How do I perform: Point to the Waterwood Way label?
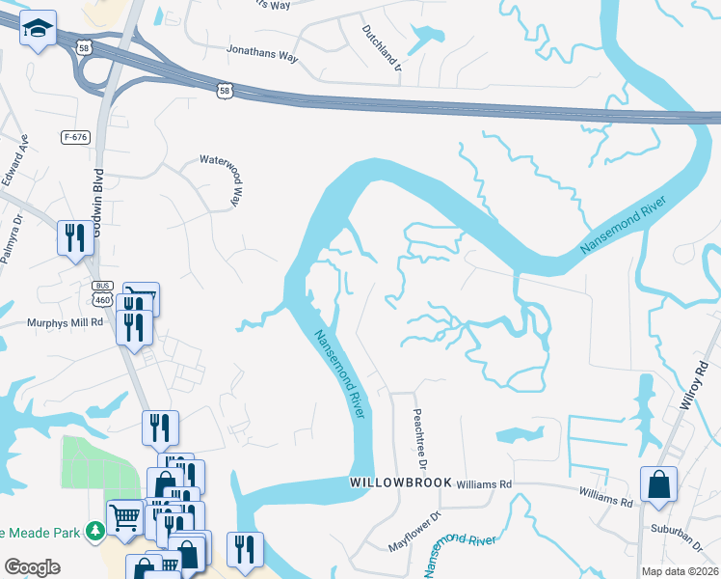point(229,179)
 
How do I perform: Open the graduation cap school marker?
point(39,32)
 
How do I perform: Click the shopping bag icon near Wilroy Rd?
point(658,484)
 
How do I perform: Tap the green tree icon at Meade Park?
point(94,531)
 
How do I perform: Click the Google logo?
point(33,567)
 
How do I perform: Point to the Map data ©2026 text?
point(680,570)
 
